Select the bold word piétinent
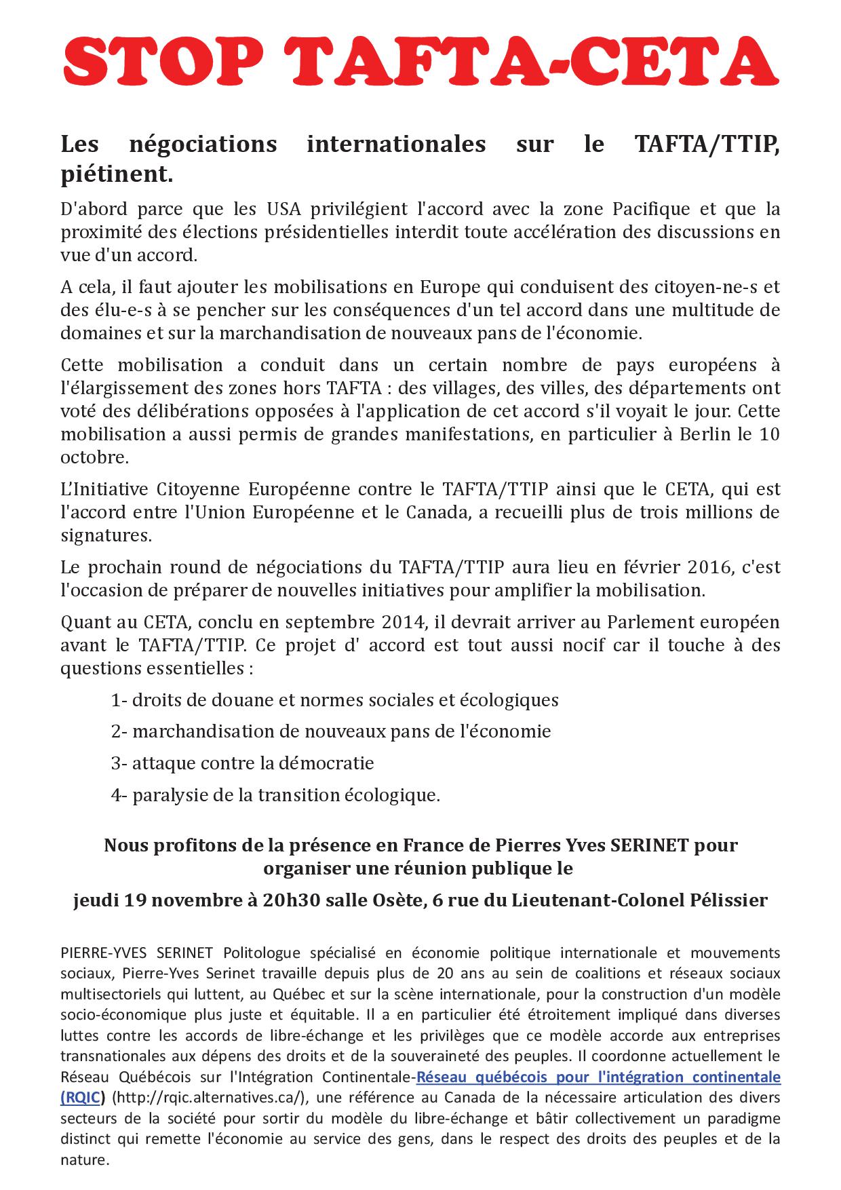117,174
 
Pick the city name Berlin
705,434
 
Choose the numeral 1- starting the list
119,700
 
